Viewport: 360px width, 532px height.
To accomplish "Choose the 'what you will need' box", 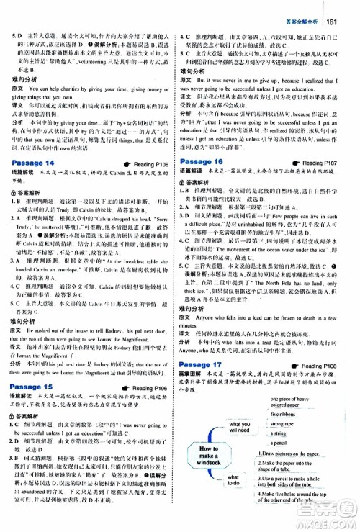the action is coord(237,428).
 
